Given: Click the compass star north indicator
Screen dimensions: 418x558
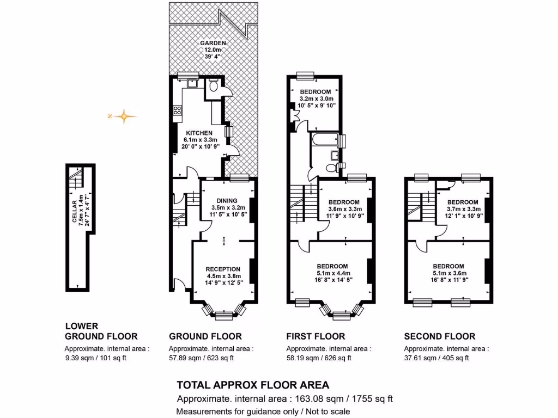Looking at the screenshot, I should coord(124,116).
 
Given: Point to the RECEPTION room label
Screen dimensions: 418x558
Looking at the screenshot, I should coord(223,269).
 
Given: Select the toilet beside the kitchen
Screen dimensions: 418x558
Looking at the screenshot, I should coord(214,85).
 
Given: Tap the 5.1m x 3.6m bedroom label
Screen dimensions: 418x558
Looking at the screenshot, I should coord(448,266).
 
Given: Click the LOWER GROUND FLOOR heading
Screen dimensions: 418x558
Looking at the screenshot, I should coord(101,331).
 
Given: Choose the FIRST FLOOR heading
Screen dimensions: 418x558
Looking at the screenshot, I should coord(316,336).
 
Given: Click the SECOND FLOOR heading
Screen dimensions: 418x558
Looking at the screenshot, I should coord(439,336).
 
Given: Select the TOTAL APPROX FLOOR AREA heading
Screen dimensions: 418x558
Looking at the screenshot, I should coord(253,385).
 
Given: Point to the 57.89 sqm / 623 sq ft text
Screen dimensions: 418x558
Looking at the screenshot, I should coord(201,358).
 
